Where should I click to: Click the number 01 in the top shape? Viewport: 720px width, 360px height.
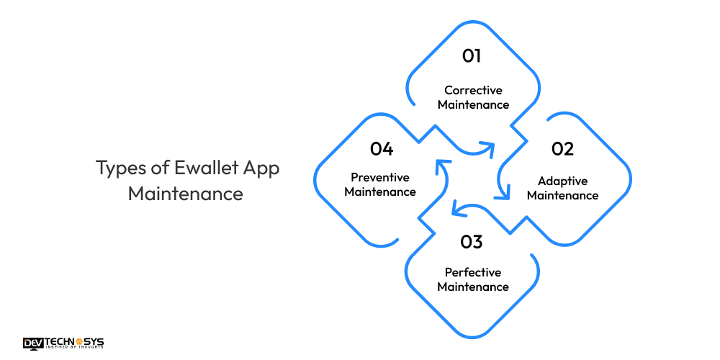point(472,56)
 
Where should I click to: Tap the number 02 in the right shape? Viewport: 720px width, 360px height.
point(562,149)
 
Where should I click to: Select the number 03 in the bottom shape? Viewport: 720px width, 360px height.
point(472,241)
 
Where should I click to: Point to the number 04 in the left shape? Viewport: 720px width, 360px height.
point(382,149)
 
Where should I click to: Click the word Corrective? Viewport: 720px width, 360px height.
point(473,91)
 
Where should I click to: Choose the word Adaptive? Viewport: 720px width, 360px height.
point(562,181)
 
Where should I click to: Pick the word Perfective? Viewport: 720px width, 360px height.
point(473,272)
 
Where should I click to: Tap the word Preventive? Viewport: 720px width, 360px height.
point(380,177)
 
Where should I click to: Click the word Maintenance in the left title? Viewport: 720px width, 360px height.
point(186,194)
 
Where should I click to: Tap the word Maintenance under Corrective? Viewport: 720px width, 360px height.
point(473,105)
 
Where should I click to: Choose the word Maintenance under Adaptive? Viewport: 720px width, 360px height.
point(562,195)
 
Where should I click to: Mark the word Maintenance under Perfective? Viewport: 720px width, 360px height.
point(473,287)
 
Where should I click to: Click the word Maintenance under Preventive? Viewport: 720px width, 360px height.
point(380,192)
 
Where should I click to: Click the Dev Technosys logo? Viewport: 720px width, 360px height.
point(63,343)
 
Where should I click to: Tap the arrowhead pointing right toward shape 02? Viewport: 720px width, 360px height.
point(489,148)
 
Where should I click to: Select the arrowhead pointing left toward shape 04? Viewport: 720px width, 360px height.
point(456,210)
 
